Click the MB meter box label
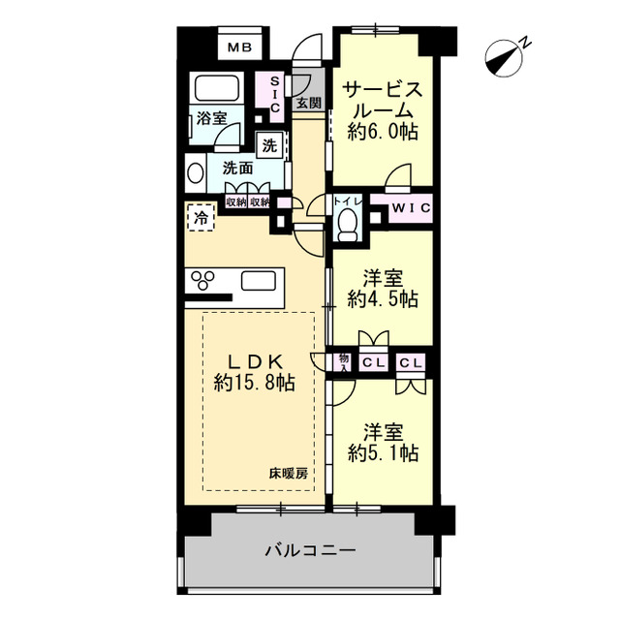(240, 47)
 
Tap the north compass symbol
(504, 57)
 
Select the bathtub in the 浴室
(217, 88)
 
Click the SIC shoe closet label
(275, 95)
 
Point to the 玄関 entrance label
(309, 104)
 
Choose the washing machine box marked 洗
(269, 145)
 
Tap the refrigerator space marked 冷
(201, 217)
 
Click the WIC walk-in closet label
(412, 208)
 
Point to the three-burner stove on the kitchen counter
(202, 280)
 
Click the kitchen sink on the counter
(259, 281)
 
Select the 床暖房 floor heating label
(289, 474)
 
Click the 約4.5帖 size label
(384, 298)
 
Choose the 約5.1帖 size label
(384, 452)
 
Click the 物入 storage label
(344, 362)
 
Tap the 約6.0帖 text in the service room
(383, 132)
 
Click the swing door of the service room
(398, 176)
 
